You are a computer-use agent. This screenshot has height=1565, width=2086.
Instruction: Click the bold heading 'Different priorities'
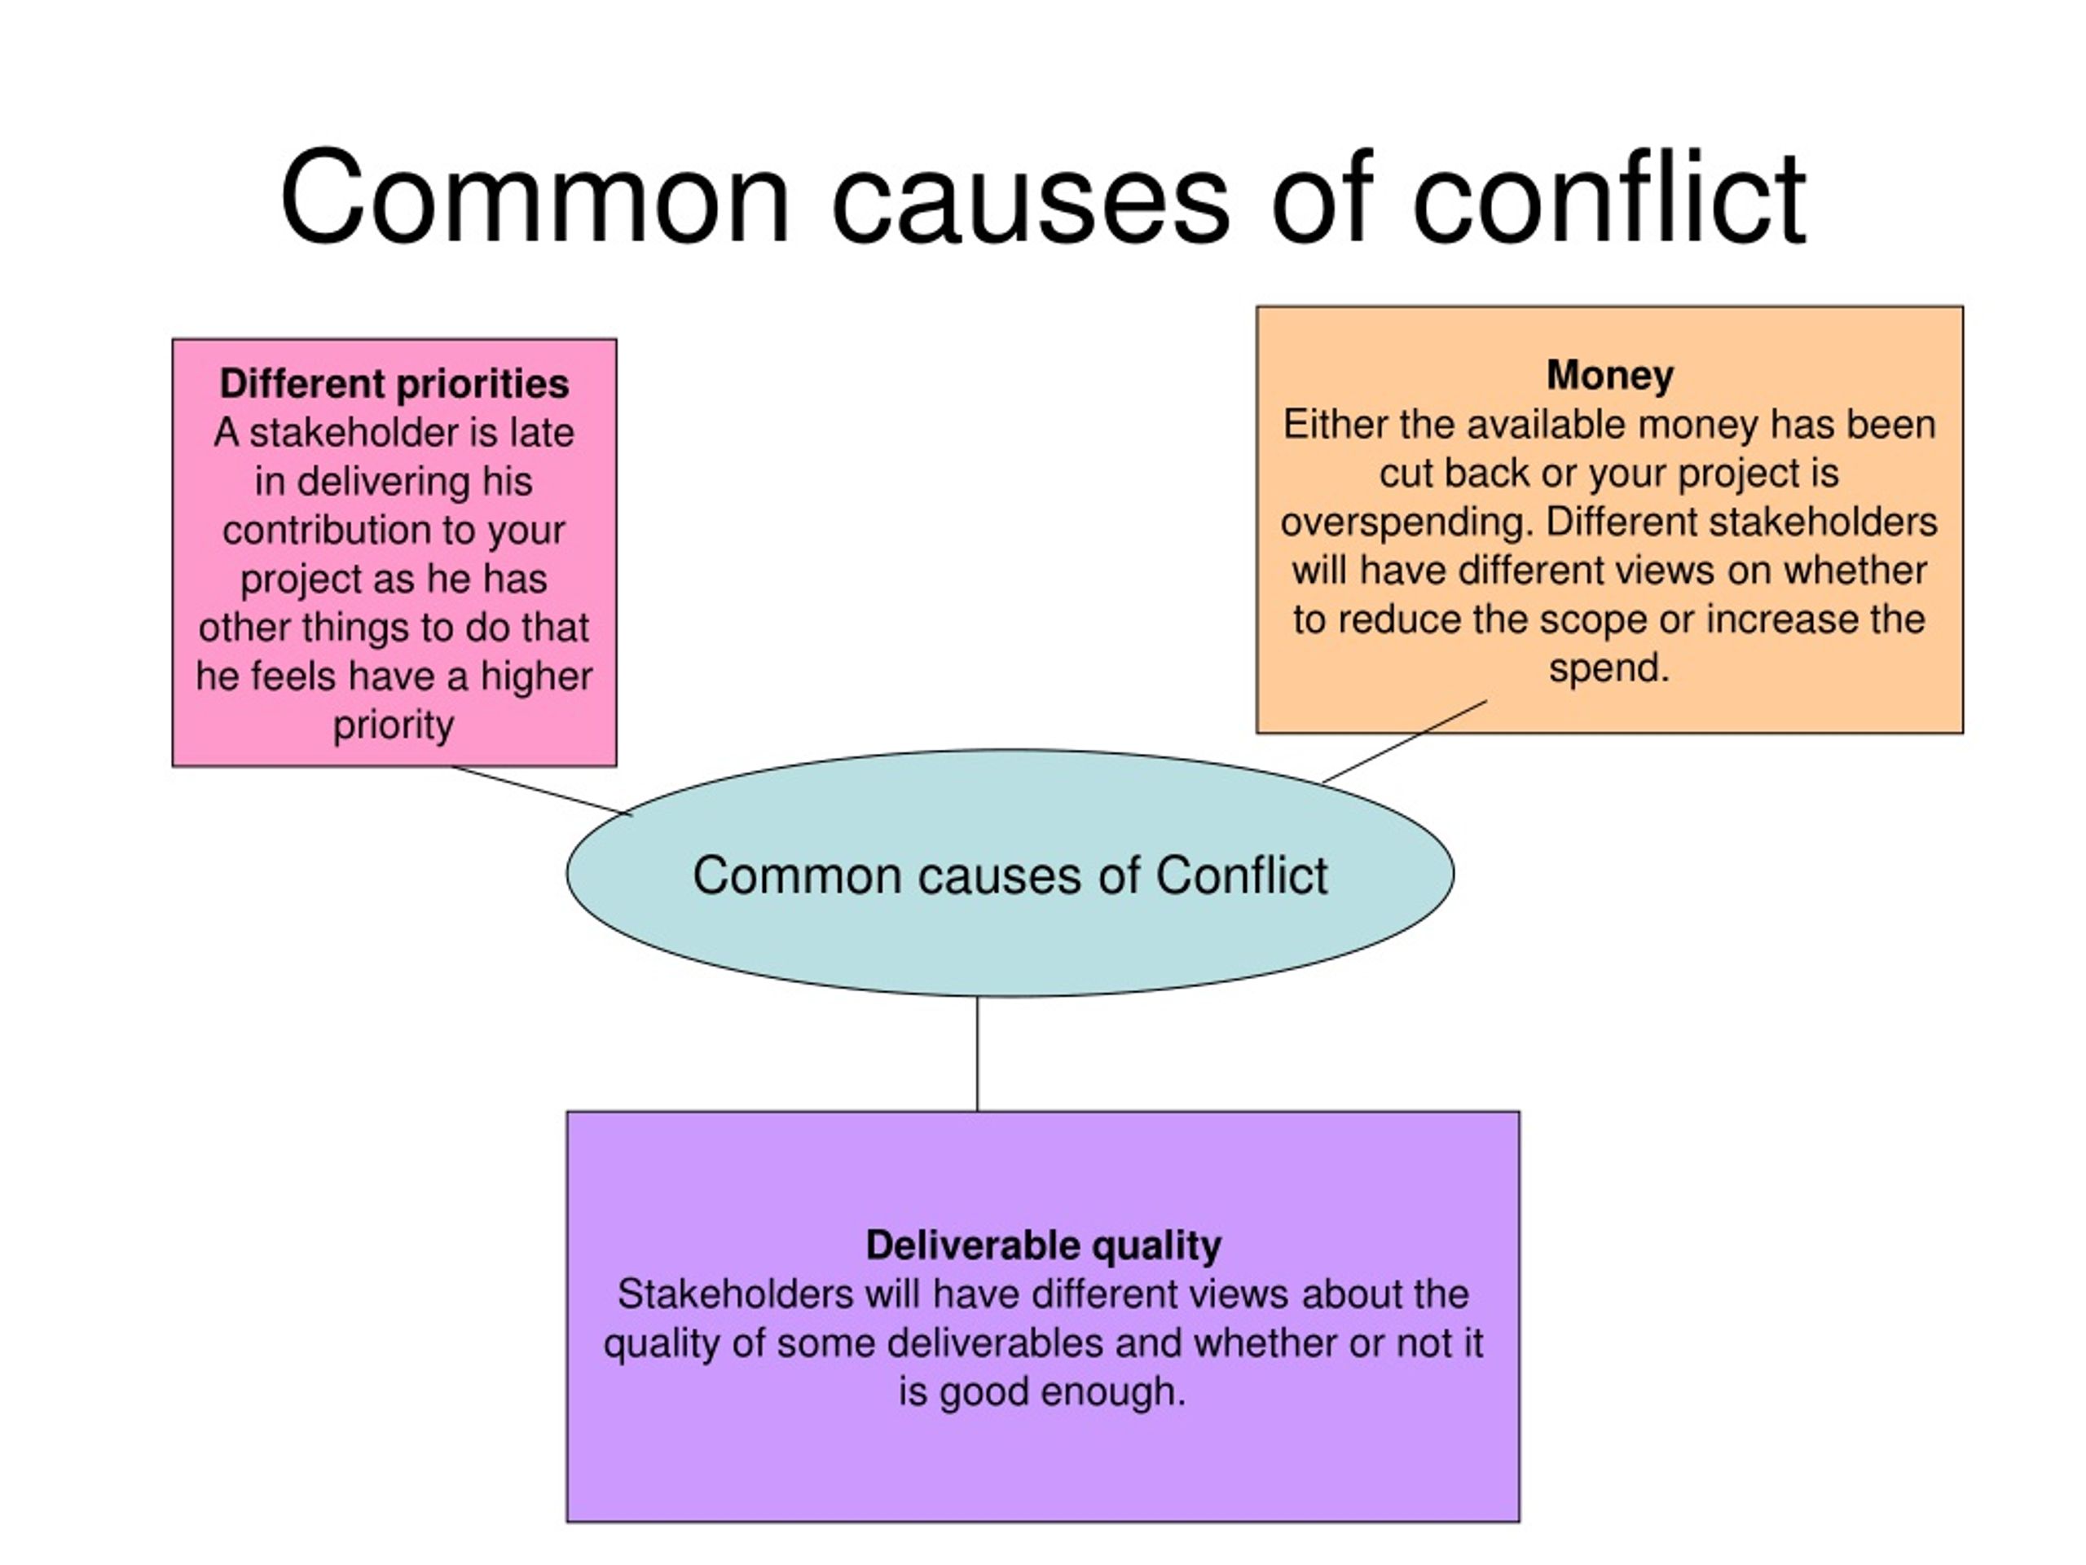pyautogui.click(x=394, y=385)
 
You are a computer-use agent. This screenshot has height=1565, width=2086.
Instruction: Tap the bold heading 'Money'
pyautogui.click(x=1610, y=376)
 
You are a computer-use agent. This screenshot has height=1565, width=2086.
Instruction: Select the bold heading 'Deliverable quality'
pyautogui.click(x=1043, y=1246)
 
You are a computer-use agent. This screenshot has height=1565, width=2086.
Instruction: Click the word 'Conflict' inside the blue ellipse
pyautogui.click(x=1241, y=875)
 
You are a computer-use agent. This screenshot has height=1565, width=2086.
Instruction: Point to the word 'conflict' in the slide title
pyautogui.click(x=1609, y=198)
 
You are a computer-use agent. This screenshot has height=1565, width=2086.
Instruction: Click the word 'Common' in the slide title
pyautogui.click(x=535, y=198)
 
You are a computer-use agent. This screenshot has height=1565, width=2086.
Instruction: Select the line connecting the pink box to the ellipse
pyautogui.click(x=541, y=790)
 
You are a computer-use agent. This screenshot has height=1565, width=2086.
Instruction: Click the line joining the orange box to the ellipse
pyautogui.click(x=1404, y=742)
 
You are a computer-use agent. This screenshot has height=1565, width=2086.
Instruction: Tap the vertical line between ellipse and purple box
pyautogui.click(x=977, y=1054)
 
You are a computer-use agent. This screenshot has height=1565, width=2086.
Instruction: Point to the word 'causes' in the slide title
pyautogui.click(x=1031, y=198)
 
